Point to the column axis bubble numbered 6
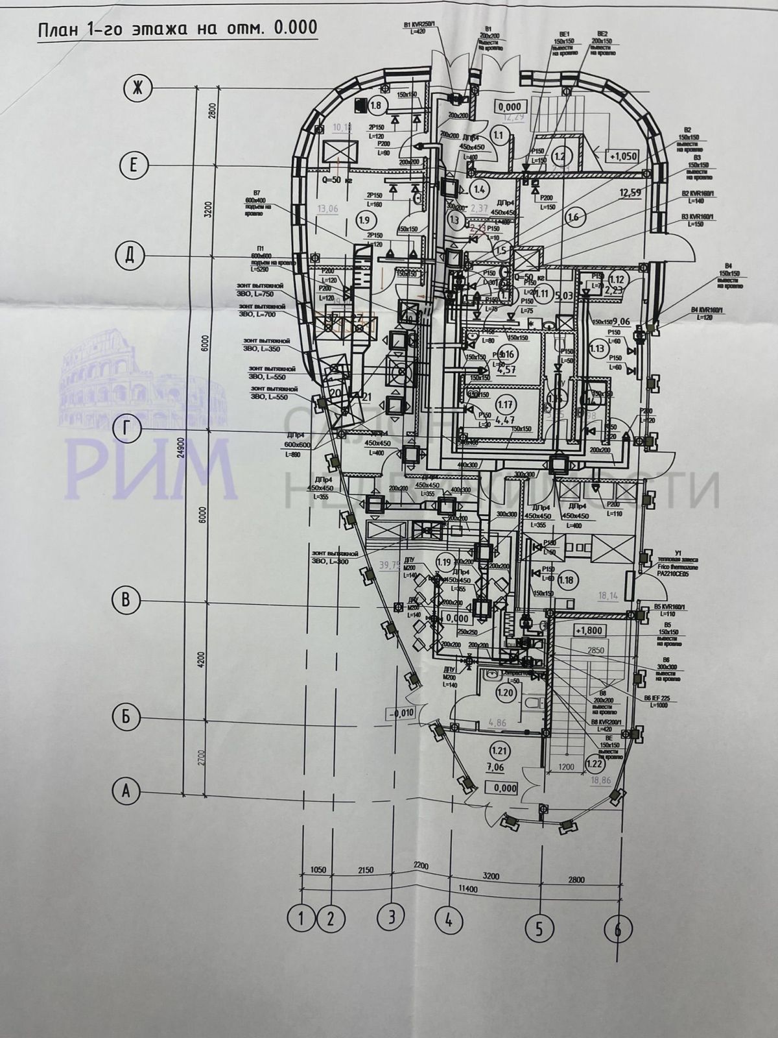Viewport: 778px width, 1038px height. tap(617, 929)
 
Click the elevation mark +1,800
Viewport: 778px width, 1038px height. tap(587, 629)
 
